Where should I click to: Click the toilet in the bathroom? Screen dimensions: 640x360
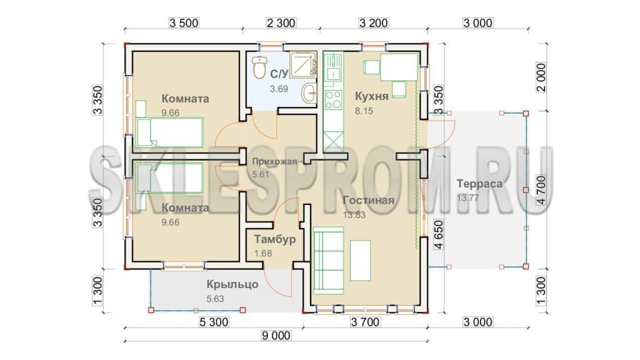(x=259, y=67)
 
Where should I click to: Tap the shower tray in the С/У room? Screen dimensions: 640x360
(x=303, y=64)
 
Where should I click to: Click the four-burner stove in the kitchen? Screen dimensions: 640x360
(x=333, y=99)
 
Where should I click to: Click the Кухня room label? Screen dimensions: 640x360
(x=371, y=96)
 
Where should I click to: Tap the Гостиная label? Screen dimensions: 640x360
(x=369, y=201)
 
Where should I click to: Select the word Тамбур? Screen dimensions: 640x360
(x=275, y=239)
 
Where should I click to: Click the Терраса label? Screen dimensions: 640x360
(x=479, y=184)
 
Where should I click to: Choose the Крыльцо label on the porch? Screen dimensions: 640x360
(x=232, y=284)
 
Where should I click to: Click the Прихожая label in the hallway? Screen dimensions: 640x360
(x=274, y=162)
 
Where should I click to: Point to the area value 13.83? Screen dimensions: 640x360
(x=354, y=215)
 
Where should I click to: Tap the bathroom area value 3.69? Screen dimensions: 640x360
(x=279, y=89)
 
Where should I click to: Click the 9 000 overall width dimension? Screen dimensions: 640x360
(x=276, y=336)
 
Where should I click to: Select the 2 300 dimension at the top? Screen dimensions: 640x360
(x=281, y=23)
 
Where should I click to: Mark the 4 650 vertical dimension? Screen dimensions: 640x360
(x=439, y=235)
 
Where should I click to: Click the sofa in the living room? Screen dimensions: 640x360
(x=328, y=261)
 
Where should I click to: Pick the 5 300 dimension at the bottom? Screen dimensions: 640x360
(x=214, y=322)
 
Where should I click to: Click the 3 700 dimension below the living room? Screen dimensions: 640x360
(x=365, y=322)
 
